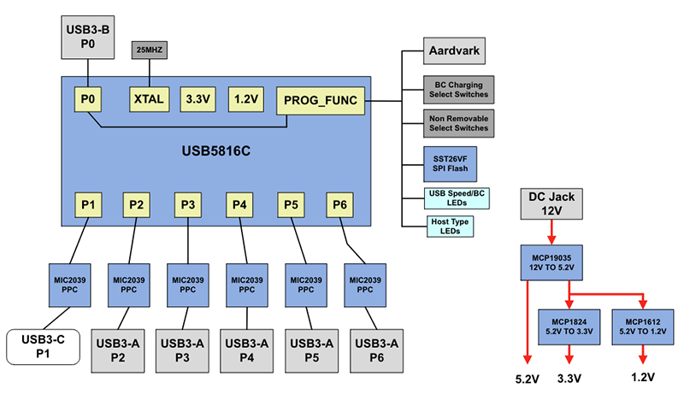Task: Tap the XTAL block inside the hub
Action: (x=150, y=98)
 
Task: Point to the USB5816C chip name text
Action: (x=216, y=150)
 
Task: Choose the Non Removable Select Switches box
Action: (x=457, y=122)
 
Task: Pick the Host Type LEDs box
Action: (x=449, y=226)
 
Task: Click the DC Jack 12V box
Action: (x=551, y=203)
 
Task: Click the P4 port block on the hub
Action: (x=239, y=205)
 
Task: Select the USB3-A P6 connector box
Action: (x=375, y=349)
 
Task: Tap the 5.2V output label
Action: (x=528, y=377)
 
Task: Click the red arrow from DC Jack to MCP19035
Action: (x=551, y=232)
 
